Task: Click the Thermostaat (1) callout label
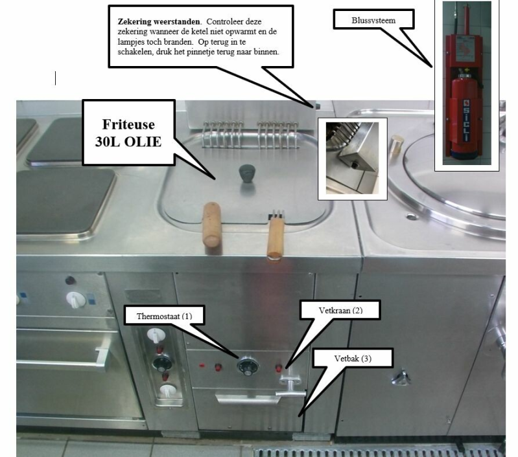point(165,316)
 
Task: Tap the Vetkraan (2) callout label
point(340,310)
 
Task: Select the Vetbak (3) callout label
point(353,359)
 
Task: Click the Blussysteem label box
point(373,20)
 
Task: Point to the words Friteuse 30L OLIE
point(128,133)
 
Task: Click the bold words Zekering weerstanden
point(159,22)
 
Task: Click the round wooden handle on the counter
point(211,224)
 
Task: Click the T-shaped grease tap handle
point(290,388)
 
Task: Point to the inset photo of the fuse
point(353,159)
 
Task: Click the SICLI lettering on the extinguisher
point(466,120)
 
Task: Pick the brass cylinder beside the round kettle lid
point(397,144)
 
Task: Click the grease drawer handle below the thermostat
point(248,399)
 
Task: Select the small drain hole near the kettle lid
point(411,217)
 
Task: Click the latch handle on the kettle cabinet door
point(401,378)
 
